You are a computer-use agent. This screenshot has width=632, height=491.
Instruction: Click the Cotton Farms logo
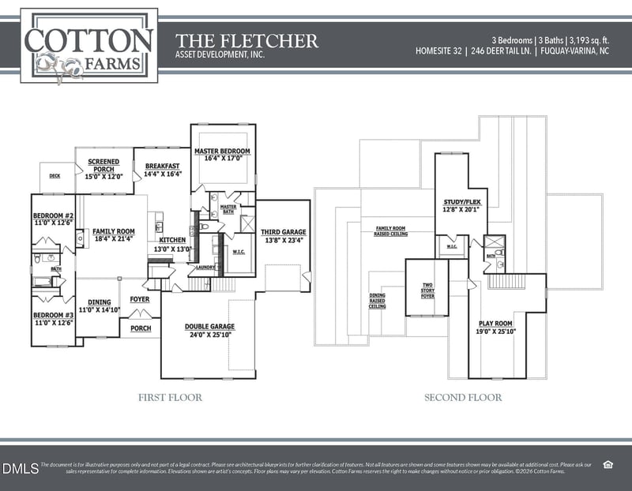point(88,46)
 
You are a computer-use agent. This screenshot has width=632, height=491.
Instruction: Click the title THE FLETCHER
point(246,40)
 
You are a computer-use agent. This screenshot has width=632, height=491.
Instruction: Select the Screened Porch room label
point(103,166)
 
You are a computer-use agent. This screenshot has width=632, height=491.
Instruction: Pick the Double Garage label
point(209,330)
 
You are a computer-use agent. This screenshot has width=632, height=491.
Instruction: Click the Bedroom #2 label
point(53,219)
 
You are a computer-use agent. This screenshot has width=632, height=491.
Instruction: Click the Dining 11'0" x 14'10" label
point(99,305)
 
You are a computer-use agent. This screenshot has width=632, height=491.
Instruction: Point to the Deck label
point(55,177)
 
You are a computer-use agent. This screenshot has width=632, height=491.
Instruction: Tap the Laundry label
point(206,268)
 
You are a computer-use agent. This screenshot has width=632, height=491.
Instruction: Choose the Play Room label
point(495,328)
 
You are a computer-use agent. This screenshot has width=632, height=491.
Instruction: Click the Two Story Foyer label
point(427,292)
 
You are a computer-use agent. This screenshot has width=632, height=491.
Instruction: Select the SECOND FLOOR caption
point(463,397)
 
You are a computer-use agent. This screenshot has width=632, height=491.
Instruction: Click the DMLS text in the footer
point(20,468)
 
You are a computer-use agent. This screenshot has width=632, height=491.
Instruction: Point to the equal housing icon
point(609,464)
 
